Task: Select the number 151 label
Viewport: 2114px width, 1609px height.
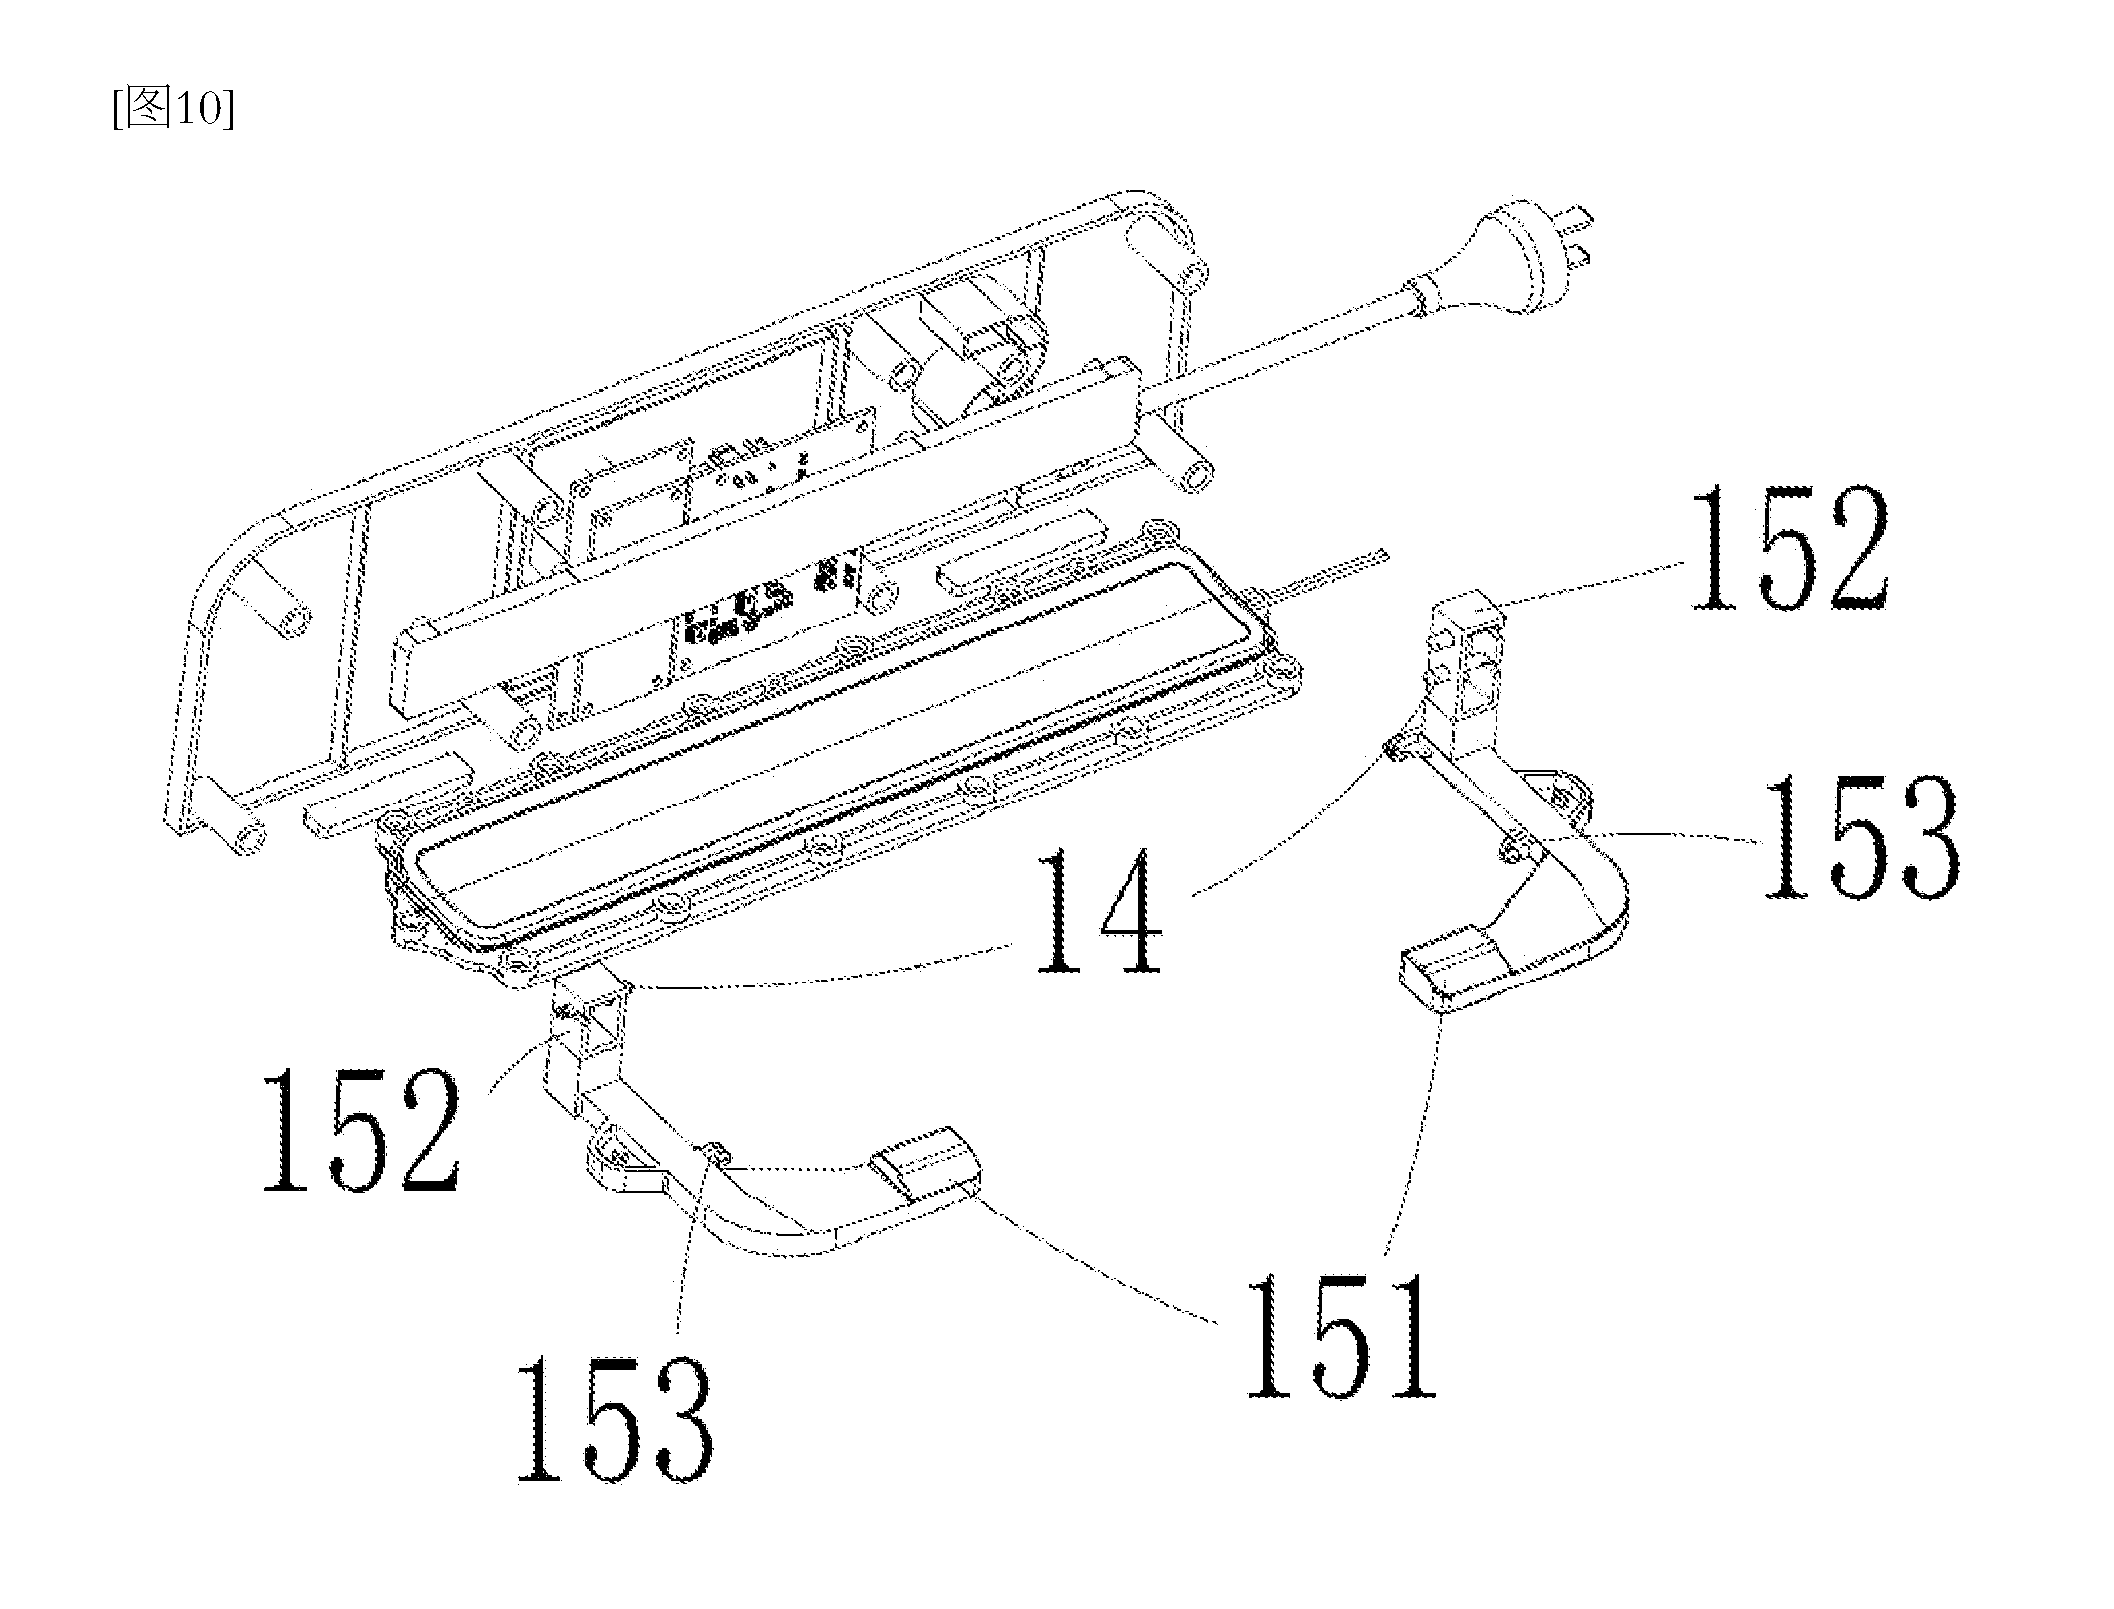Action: (x=1341, y=1336)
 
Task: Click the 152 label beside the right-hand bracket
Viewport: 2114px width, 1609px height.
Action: (x=1788, y=550)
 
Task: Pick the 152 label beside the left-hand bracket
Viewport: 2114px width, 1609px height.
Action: (x=362, y=1132)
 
